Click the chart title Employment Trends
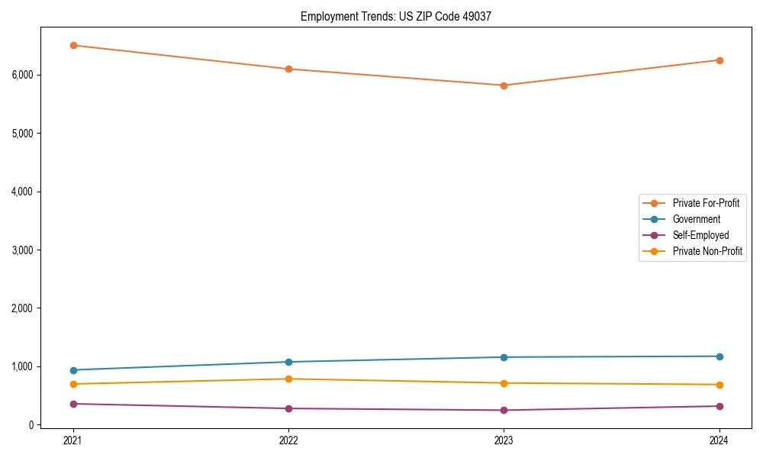coord(395,16)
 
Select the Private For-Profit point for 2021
coord(73,45)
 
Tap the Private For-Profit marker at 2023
coord(504,85)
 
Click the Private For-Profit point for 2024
coord(719,60)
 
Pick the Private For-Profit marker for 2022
coord(288,69)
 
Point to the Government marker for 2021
coord(73,370)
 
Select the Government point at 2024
coord(719,356)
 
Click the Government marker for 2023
coord(504,357)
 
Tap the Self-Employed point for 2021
coord(73,404)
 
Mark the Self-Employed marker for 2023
coord(504,410)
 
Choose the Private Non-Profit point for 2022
coord(288,379)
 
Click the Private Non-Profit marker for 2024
coord(719,385)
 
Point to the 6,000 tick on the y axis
coord(22,75)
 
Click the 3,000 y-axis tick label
coord(22,250)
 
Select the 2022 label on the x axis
coord(288,440)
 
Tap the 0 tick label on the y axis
coord(31,425)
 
